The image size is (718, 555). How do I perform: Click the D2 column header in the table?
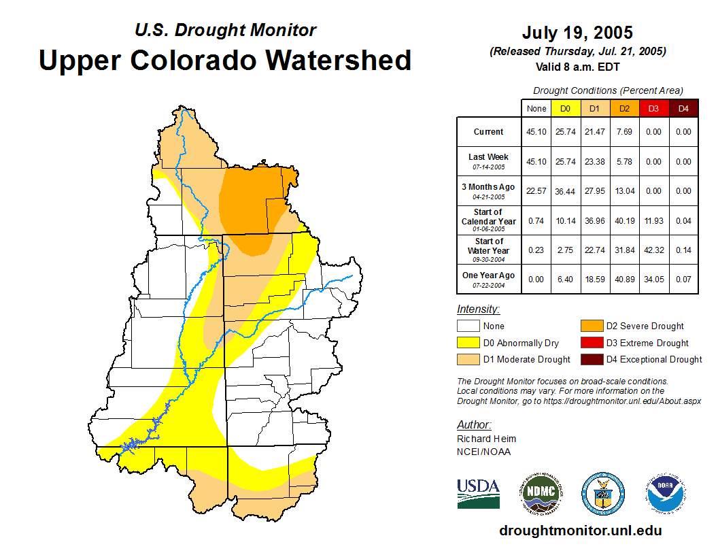point(624,108)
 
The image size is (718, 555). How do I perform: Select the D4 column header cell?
point(683,108)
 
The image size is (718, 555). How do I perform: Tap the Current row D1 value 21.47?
point(594,132)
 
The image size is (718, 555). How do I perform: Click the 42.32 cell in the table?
point(653,250)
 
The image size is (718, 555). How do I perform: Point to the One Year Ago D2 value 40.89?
point(624,280)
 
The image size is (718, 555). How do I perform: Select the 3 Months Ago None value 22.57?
point(536,191)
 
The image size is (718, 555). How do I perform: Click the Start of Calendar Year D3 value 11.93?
point(653,221)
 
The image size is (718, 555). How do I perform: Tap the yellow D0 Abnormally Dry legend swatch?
point(468,343)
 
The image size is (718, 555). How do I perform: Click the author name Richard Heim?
point(486,439)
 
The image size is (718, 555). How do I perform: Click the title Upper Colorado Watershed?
point(225,61)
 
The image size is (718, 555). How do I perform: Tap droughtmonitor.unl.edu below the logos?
point(580,531)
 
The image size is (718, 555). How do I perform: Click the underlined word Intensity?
point(478,309)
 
